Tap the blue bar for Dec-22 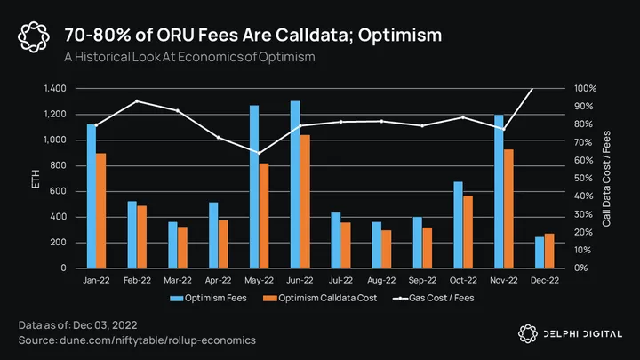point(540,252)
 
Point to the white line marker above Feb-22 point(136,101)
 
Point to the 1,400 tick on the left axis point(49,89)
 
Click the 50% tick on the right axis point(584,179)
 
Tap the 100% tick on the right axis point(584,89)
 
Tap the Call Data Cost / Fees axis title point(606,179)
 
